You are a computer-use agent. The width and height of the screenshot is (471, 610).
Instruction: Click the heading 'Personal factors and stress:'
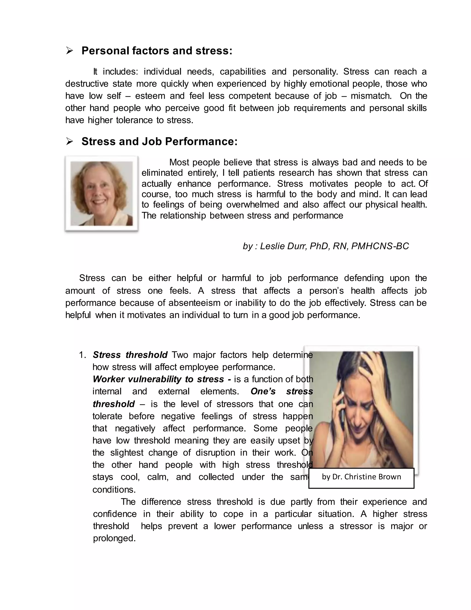pyautogui.click(x=157, y=51)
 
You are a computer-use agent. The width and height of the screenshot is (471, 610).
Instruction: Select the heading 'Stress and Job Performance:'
pyautogui.click(x=159, y=142)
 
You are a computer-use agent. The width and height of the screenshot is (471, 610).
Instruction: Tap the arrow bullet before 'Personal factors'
pyautogui.click(x=69, y=51)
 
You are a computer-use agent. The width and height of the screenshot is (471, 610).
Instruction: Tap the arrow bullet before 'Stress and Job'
pyautogui.click(x=69, y=142)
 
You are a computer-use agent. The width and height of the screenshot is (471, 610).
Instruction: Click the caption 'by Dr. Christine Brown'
pyautogui.click(x=361, y=477)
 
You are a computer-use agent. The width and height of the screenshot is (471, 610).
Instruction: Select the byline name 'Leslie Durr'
pyautogui.click(x=283, y=246)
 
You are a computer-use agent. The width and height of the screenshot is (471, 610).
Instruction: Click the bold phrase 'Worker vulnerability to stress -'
pyautogui.click(x=162, y=379)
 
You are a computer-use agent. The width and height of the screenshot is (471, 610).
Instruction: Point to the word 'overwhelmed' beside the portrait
pyautogui.click(x=252, y=205)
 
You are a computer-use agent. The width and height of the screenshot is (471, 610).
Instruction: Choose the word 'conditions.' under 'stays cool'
pyautogui.click(x=114, y=490)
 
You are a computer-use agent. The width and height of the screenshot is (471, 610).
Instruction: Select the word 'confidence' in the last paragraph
pyautogui.click(x=115, y=514)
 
